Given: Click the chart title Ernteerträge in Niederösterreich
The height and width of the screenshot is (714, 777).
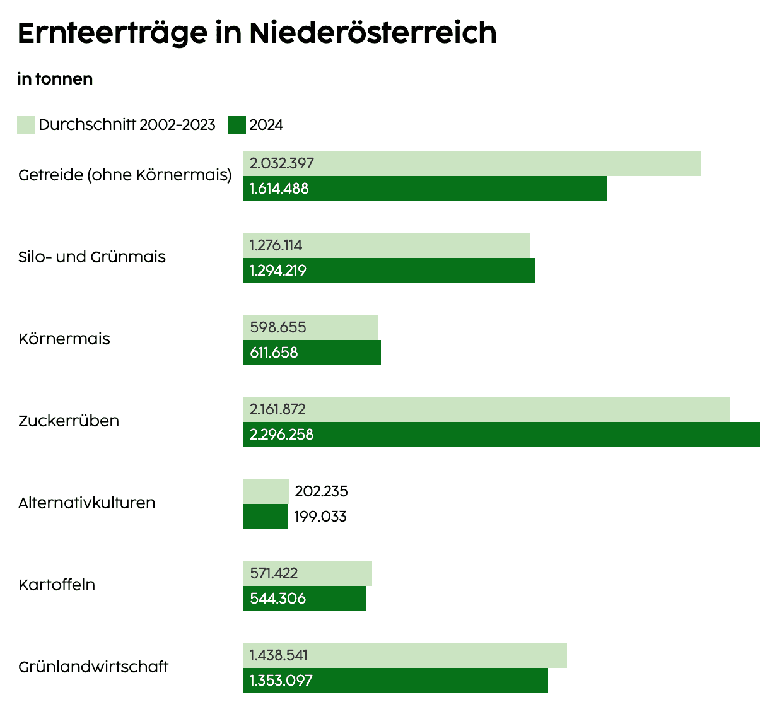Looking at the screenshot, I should (257, 33).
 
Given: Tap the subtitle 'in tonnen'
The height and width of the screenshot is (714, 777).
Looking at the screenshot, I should (55, 79).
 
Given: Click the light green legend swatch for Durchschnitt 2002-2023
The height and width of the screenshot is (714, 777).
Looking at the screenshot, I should (26, 125).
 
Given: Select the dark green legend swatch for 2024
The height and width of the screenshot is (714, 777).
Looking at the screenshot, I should (237, 125).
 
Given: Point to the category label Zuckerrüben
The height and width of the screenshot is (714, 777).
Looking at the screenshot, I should (69, 421).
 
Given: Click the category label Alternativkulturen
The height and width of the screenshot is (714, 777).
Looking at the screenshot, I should (87, 503).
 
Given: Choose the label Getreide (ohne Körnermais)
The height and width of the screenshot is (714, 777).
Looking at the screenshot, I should (125, 175).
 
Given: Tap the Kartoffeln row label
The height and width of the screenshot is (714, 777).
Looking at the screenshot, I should (57, 585).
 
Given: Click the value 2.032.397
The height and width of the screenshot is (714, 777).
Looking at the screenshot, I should (281, 163).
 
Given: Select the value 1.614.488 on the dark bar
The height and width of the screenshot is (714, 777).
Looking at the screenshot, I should (279, 189).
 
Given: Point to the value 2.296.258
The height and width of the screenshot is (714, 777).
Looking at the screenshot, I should (281, 435).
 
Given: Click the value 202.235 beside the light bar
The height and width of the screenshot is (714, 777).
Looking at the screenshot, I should (321, 491).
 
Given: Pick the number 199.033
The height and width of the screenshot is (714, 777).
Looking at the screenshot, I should (320, 517).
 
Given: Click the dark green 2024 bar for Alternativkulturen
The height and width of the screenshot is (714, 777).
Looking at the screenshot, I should (266, 517).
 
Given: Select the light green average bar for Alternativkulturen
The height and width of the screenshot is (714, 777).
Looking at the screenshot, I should (266, 491).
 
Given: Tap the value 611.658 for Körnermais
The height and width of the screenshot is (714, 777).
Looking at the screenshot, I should (274, 353).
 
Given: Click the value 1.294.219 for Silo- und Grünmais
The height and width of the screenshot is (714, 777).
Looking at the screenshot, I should (277, 271).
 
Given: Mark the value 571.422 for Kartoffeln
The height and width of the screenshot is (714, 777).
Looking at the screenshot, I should (274, 573).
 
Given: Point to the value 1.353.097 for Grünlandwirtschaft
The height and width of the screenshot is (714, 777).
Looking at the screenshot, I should (281, 681).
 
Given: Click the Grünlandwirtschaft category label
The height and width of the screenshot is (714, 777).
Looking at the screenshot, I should (93, 667).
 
